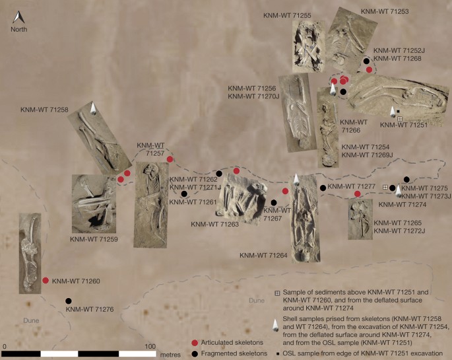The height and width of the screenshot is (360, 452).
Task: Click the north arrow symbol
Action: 18,17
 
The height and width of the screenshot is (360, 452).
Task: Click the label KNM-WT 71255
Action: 287,16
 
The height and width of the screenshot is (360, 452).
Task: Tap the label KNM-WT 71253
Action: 385,11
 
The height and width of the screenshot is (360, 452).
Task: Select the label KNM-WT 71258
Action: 44,110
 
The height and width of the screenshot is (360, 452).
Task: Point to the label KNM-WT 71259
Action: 94,239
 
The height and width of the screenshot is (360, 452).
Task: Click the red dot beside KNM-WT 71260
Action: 46,280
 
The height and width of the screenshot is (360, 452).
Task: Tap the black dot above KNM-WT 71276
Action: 69,301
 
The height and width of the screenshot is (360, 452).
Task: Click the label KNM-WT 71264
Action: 263,255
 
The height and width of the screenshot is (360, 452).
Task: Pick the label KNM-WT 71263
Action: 214,224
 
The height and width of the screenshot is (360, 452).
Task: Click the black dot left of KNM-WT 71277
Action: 323,188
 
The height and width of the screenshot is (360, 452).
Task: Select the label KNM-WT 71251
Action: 404,125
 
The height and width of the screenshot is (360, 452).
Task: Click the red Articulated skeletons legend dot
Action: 195,343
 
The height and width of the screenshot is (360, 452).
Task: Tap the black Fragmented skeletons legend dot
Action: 195,353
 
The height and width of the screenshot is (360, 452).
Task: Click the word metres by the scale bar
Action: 170,355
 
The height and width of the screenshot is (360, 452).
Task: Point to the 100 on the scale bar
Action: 150,346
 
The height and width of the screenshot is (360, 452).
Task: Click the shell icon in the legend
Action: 276,326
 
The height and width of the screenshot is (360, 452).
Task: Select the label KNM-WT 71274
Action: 403,205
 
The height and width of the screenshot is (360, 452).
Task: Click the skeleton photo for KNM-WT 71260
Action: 30,254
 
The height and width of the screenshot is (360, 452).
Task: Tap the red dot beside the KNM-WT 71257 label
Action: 170,159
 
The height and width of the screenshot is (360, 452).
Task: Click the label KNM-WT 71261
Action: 193,202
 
